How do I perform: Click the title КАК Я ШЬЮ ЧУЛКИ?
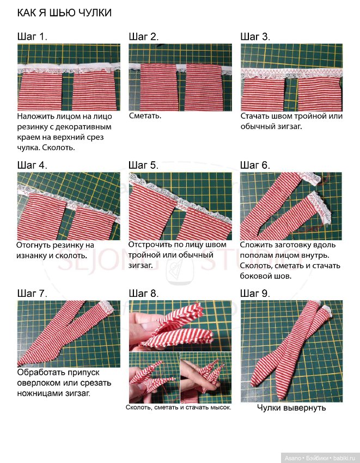click(64, 13)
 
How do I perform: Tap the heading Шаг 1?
click(32, 36)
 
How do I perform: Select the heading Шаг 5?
click(144, 165)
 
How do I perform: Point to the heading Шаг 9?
click(255, 293)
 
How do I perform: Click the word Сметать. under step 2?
click(145, 115)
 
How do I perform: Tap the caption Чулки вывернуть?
click(291, 408)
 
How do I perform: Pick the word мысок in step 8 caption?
click(221, 407)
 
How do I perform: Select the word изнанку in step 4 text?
click(33, 255)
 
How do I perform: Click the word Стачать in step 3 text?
click(254, 116)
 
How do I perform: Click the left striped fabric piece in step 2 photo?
click(159, 87)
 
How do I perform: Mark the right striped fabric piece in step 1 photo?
click(95, 90)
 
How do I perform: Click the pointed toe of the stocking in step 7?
click(19, 364)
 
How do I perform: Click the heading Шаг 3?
click(255, 36)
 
